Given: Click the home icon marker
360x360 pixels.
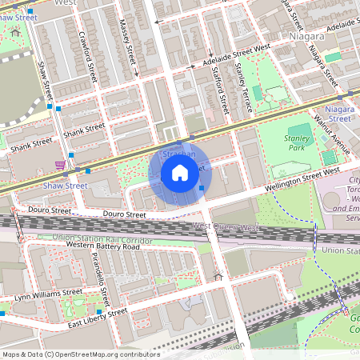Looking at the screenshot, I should [180, 173].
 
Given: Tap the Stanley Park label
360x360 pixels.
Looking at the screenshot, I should [297, 142].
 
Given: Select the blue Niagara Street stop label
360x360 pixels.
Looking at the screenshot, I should [339, 113].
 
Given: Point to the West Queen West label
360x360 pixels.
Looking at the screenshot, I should [225, 228].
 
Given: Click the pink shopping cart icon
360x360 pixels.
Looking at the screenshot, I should [60, 165].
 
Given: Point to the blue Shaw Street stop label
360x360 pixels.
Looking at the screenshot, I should [65, 186].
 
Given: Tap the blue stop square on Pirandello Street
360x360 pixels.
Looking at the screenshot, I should [99, 312].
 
